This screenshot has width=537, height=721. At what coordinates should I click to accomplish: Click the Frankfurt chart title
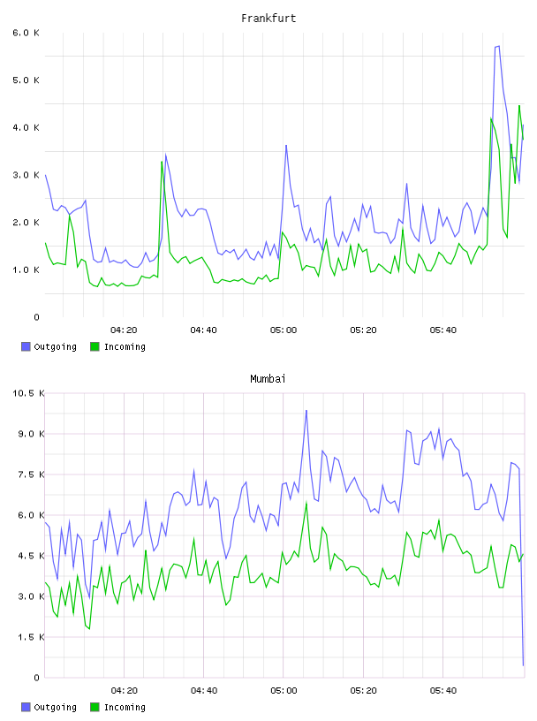click(x=268, y=19)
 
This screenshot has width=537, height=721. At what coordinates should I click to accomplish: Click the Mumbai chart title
click(x=268, y=379)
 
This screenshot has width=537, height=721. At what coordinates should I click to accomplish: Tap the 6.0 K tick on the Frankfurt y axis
click(x=26, y=33)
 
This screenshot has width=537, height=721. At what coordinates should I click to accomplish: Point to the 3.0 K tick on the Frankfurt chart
click(x=26, y=175)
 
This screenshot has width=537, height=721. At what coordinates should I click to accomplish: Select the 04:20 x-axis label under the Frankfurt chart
click(x=124, y=330)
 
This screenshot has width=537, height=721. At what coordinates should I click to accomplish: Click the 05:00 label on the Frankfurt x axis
click(x=284, y=330)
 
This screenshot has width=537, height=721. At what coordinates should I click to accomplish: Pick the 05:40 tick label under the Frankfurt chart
click(x=443, y=330)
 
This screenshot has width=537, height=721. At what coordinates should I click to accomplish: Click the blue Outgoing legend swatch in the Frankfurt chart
click(x=26, y=346)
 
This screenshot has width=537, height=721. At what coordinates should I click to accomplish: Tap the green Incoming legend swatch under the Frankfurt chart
click(x=95, y=346)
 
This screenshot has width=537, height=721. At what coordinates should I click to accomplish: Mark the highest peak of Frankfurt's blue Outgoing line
click(x=499, y=46)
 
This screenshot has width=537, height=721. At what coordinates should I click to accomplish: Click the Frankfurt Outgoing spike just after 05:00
click(x=286, y=145)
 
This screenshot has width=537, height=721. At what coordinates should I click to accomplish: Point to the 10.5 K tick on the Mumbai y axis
click(x=28, y=393)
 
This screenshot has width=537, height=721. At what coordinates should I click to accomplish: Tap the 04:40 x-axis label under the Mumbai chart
click(x=204, y=691)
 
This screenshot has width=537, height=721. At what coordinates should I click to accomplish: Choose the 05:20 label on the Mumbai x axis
click(x=363, y=691)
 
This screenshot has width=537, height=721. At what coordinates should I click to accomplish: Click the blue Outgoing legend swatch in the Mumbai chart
click(x=26, y=707)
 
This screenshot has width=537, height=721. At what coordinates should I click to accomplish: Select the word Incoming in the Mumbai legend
click(x=125, y=708)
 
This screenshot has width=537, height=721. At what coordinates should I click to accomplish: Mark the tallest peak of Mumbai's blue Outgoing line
click(x=306, y=410)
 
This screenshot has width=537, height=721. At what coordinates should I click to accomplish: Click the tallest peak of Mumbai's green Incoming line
click(x=306, y=503)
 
